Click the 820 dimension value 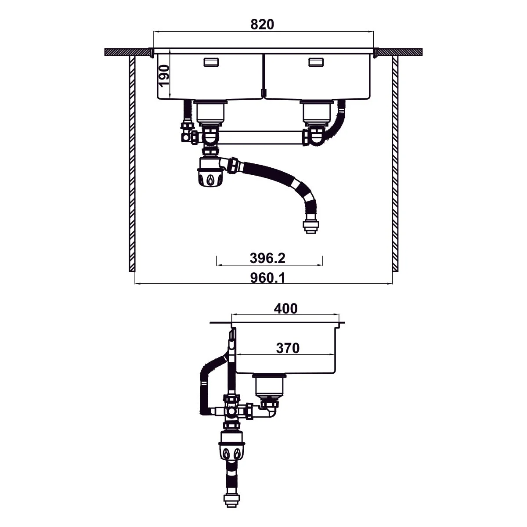point(262,25)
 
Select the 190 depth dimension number point(164,76)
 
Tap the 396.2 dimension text point(267,258)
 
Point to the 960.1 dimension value point(267,278)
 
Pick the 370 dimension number point(288,348)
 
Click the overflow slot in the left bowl point(211,62)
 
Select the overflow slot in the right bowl point(316,62)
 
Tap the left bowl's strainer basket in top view point(210,112)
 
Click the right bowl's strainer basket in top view point(317,112)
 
